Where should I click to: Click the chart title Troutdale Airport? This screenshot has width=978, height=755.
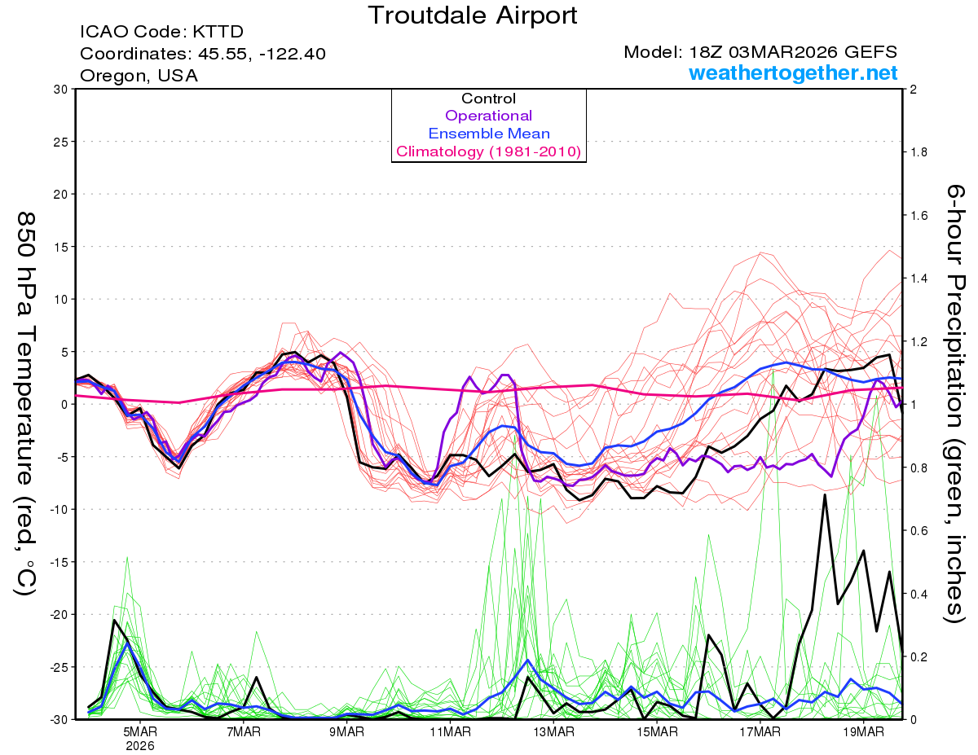[x=472, y=15]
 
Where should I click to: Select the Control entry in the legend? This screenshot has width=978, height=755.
[x=488, y=99]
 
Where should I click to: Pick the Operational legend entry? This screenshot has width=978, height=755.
[x=488, y=116]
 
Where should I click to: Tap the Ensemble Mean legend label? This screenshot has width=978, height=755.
[x=488, y=134]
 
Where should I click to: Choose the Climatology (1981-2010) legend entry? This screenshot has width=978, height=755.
[x=488, y=151]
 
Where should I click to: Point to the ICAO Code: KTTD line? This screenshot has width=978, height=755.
[x=161, y=33]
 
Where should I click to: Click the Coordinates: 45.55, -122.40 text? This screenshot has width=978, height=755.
[x=203, y=55]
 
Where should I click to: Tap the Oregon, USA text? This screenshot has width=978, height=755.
[x=139, y=76]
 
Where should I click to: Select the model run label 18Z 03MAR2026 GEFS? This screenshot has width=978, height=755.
[x=761, y=53]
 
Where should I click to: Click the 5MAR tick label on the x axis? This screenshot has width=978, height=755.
[x=140, y=731]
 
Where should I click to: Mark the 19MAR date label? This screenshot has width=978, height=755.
[x=863, y=731]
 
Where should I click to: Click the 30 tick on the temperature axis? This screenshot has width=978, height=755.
[x=59, y=89]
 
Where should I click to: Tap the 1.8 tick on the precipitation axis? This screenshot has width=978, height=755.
[x=919, y=152]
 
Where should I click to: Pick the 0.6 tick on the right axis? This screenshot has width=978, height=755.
[x=919, y=530]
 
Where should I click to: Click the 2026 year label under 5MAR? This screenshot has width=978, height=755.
[x=140, y=745]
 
